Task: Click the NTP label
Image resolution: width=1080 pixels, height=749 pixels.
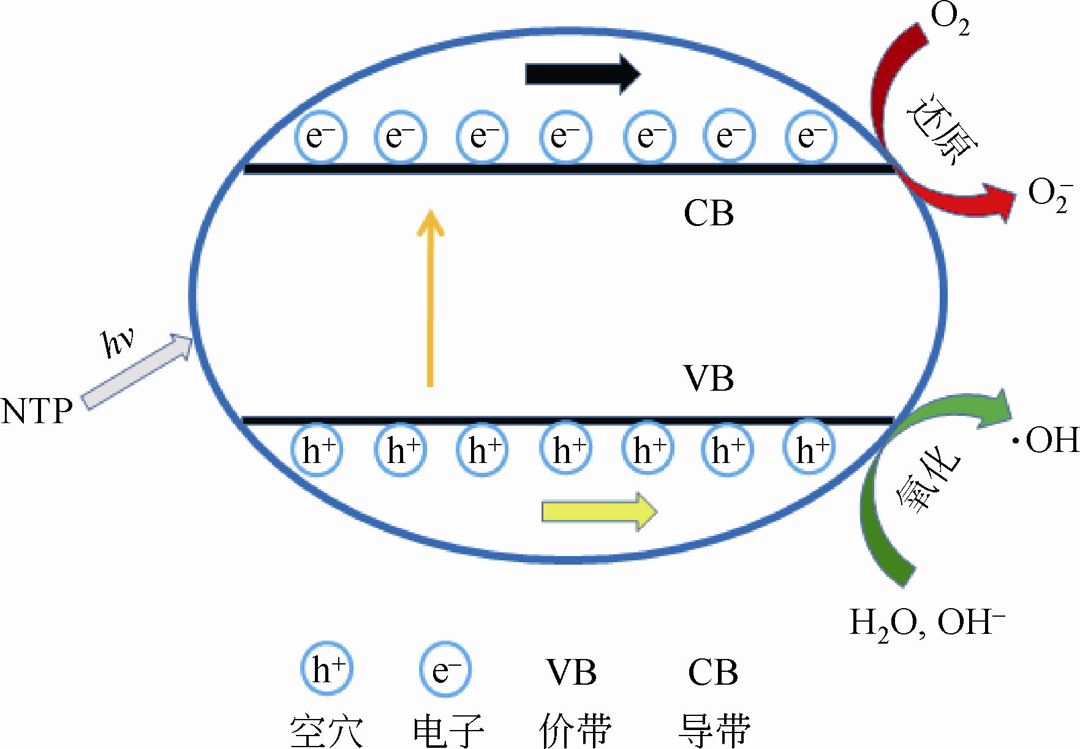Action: coord(37,412)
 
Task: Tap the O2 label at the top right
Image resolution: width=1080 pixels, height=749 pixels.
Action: coord(950,18)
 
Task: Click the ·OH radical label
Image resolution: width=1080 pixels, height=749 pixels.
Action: coord(1045,440)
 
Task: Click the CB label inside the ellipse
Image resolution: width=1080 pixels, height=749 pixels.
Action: coord(708,214)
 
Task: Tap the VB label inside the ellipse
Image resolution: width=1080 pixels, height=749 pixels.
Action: coord(708,378)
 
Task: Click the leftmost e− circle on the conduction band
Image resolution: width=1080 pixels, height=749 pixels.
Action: coord(320,137)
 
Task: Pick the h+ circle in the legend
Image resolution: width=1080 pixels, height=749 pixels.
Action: coord(327,668)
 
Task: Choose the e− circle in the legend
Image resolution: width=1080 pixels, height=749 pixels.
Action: coord(445,669)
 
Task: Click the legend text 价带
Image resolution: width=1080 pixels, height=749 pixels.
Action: coord(575,730)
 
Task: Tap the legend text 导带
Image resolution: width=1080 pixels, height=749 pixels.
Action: coord(714,730)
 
